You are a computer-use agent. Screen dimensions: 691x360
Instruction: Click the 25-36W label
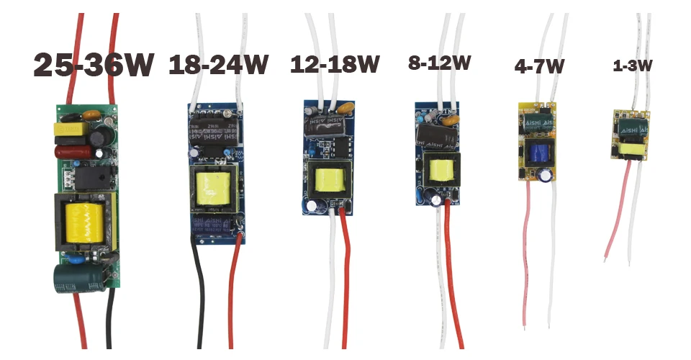(94, 66)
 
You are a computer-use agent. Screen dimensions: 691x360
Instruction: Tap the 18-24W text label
(217, 66)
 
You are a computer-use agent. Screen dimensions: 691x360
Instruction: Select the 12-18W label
(335, 65)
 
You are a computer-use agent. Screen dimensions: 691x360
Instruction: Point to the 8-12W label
(439, 63)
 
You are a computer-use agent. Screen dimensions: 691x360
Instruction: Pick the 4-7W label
(539, 67)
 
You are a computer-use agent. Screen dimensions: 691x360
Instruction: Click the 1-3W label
(632, 66)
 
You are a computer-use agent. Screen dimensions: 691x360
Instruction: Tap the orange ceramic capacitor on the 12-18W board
(345, 108)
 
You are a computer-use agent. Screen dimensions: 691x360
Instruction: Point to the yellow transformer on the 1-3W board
(633, 149)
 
